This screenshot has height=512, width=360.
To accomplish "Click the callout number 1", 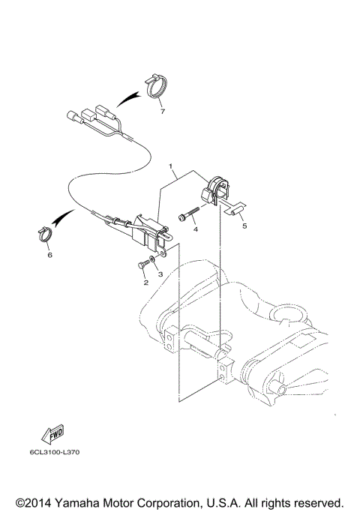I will coord(171,166).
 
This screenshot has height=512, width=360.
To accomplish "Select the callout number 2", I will coord(145,282).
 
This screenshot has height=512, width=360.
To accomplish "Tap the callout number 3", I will coord(160,275).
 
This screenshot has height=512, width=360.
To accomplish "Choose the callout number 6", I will coord(49,255).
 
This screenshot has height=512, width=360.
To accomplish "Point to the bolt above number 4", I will coord(187,217).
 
